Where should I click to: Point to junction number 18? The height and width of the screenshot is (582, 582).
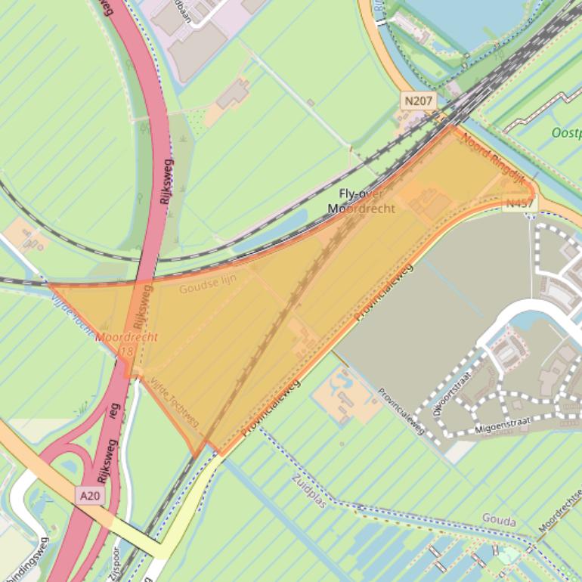(125, 351)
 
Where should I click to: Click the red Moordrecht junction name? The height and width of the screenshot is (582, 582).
(127, 337)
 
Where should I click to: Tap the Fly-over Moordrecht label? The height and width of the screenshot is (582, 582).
(361, 201)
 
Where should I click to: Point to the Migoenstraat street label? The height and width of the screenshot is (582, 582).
(503, 424)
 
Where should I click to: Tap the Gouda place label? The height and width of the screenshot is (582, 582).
(499, 522)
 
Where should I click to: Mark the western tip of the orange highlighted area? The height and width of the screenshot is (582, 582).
(50, 285)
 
